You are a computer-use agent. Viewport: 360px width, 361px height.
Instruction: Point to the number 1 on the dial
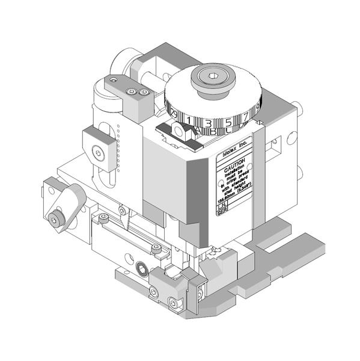click(189, 122)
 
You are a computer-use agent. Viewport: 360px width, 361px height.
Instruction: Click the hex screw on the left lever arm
click(55, 221)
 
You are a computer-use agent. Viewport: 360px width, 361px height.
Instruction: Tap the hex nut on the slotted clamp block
click(99, 152)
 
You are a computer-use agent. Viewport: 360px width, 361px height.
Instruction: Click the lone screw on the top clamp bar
click(114, 79)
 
